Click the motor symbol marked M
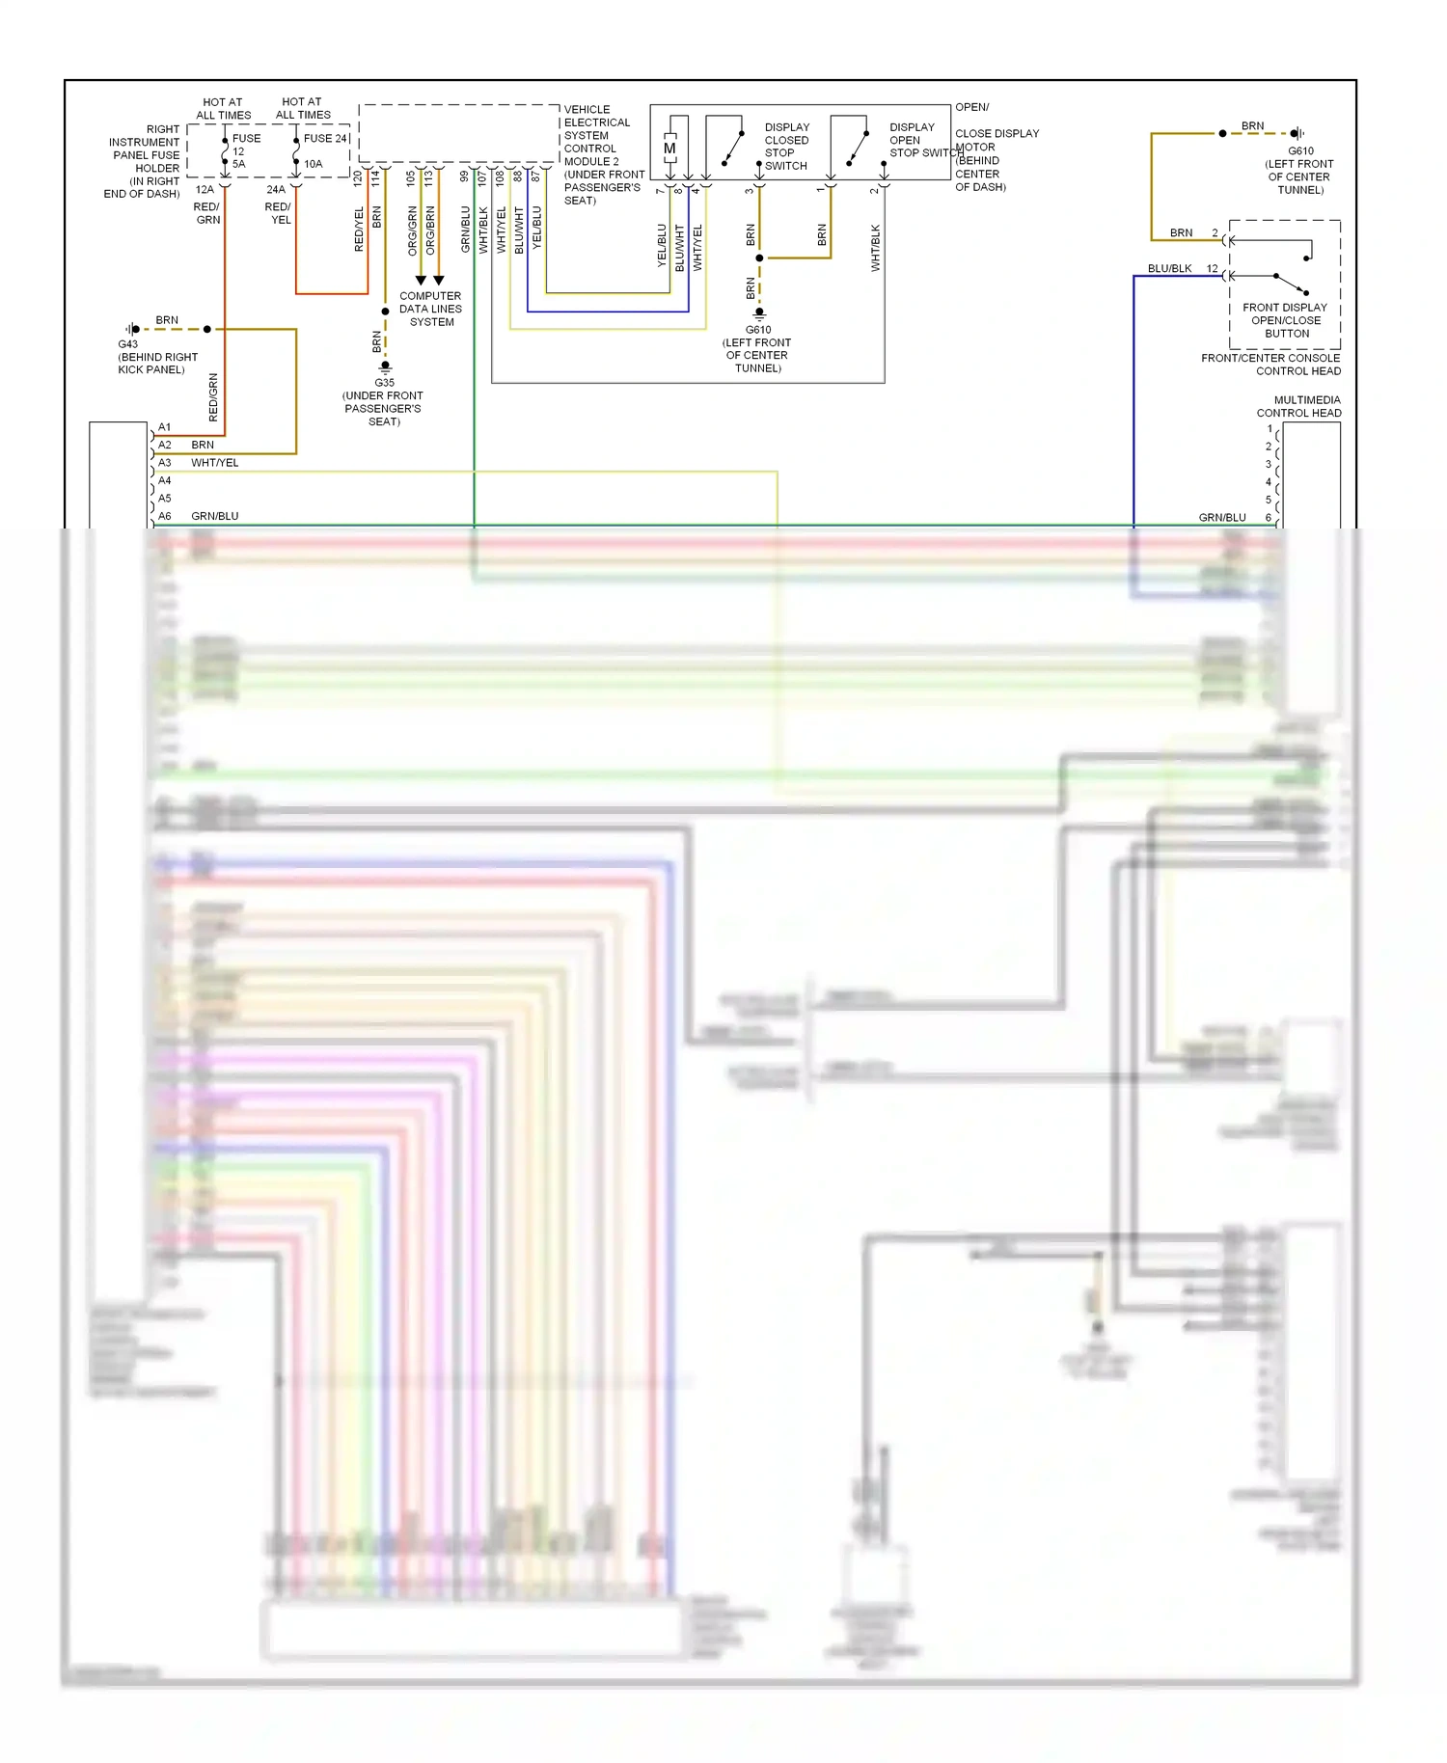point(669,149)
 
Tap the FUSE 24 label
point(325,138)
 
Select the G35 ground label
point(384,383)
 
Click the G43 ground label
point(128,344)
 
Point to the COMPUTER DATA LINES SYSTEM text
point(430,309)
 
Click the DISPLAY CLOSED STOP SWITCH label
point(786,147)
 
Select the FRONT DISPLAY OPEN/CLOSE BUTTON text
point(1285,320)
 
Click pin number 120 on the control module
point(358,177)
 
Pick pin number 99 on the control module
point(464,176)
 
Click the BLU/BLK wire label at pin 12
point(1169,268)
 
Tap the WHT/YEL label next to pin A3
point(214,463)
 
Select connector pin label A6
point(165,516)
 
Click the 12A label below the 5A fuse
point(205,189)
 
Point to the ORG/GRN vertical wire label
point(412,231)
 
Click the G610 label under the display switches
point(757,330)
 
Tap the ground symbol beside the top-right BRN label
point(1297,133)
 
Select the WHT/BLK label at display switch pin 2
point(876,248)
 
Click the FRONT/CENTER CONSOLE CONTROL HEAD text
point(1270,365)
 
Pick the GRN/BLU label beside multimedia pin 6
point(1221,517)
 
